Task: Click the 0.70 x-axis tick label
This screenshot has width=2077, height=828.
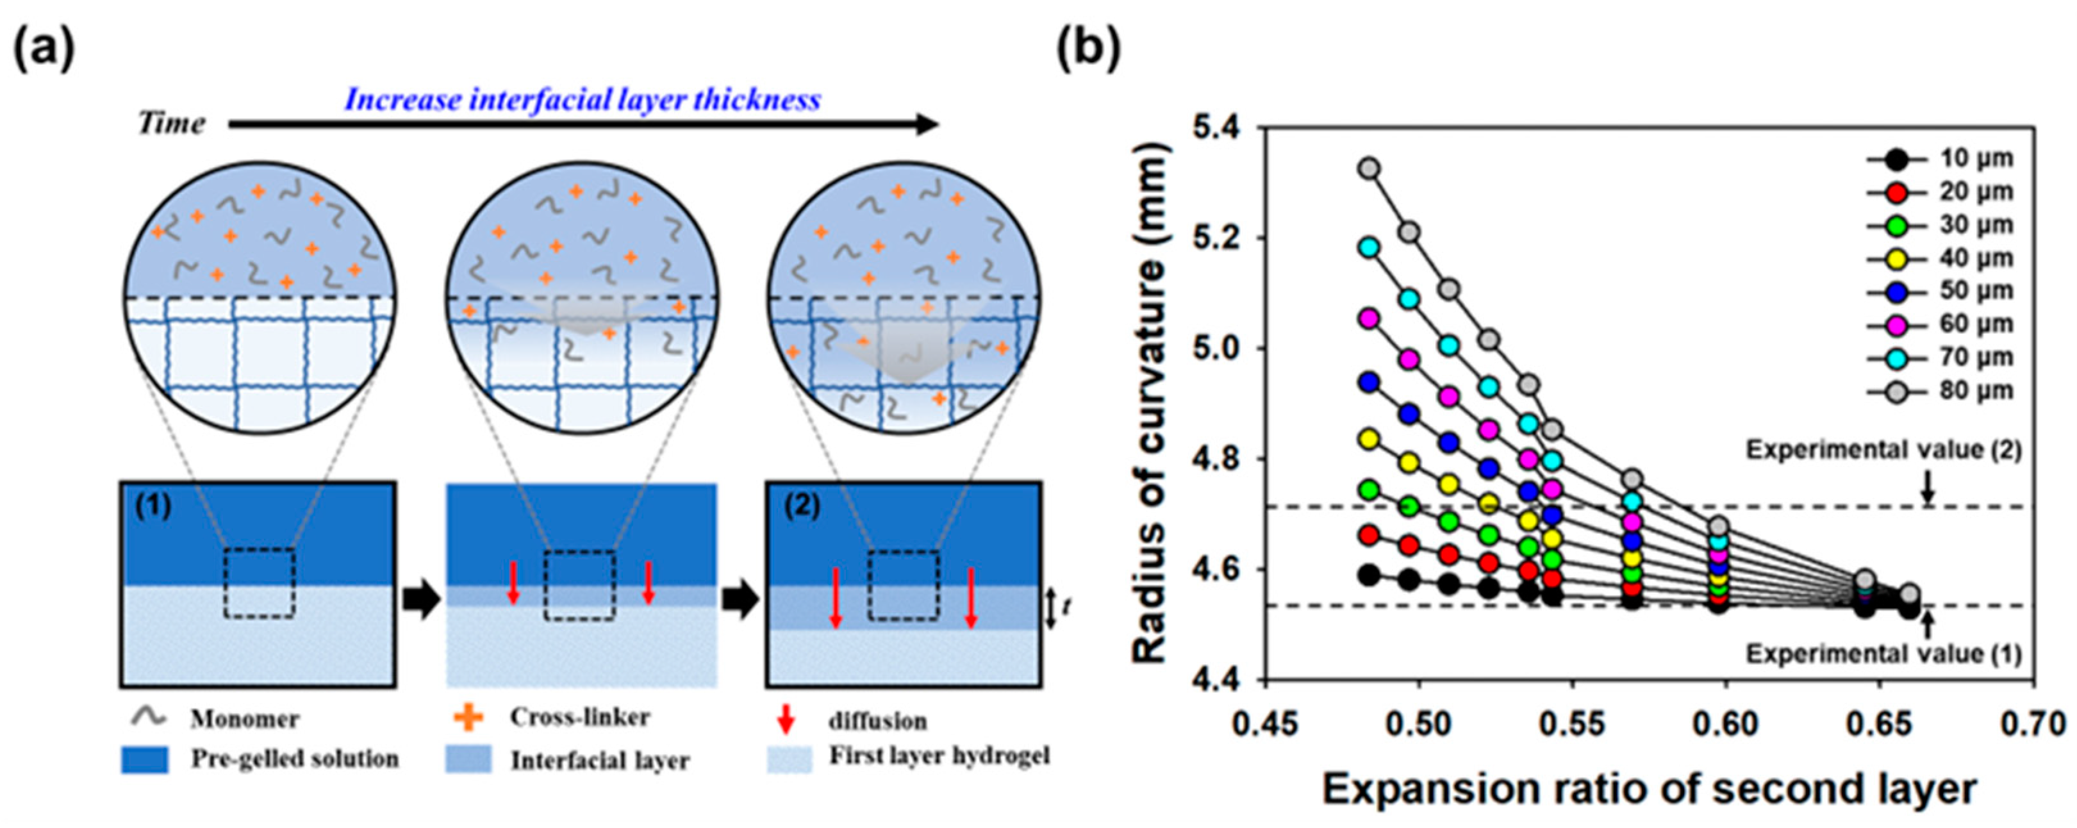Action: pos(2035,725)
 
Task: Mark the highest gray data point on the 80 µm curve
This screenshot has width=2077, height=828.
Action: pos(1369,169)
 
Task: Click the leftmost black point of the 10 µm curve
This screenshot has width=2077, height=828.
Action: pos(1369,575)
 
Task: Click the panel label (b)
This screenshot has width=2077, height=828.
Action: pos(1089,50)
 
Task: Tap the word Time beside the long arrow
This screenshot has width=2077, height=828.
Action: pos(171,123)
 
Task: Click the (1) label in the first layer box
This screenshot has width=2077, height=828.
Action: pos(153,506)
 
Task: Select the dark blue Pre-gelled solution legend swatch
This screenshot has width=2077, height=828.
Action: pos(145,759)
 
